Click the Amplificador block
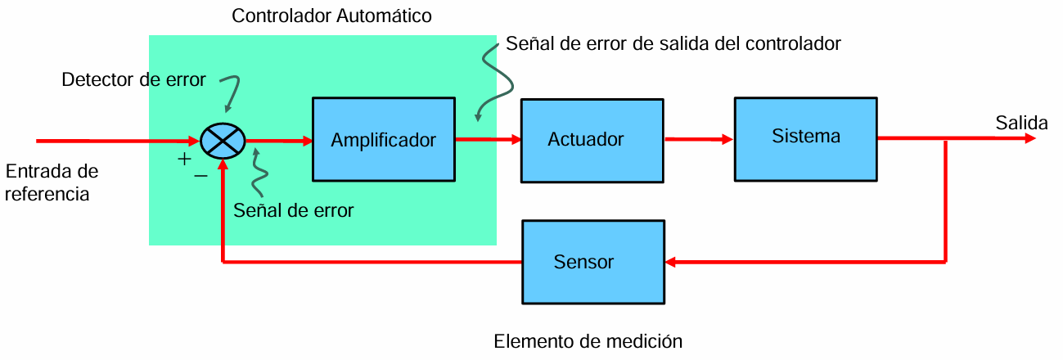(384, 139)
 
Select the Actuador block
(592, 141)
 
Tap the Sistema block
(806, 139)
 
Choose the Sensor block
(593, 262)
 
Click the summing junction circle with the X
(223, 141)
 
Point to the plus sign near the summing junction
(184, 159)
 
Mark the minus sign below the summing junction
(200, 176)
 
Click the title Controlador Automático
(331, 16)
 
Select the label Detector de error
(133, 79)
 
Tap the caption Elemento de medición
(588, 341)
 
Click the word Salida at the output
(1022, 123)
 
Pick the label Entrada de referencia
(52, 182)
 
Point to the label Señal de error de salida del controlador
(673, 43)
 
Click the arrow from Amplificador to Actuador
(488, 139)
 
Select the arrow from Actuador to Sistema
(699, 139)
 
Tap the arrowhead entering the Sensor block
(670, 262)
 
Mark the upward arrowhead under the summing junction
(223, 164)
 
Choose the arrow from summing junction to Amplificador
(278, 141)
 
